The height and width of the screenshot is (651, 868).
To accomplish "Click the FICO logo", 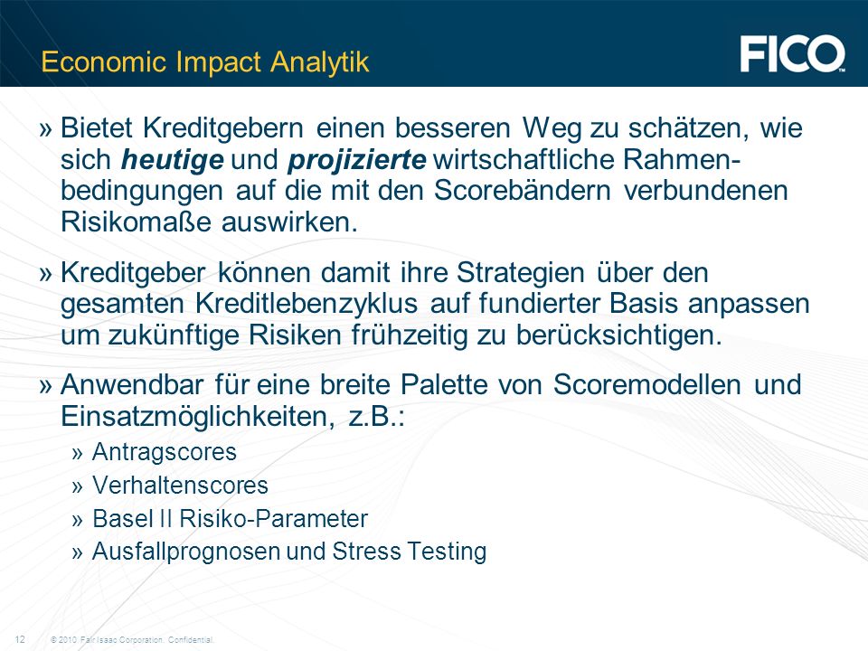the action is pos(793,53).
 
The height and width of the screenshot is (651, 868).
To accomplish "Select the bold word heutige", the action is pos(172,161).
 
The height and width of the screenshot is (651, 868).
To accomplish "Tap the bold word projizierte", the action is pos(357,161).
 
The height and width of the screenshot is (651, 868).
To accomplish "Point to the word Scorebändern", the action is pos(523,191).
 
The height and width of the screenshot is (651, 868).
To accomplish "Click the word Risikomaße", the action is pos(136,222).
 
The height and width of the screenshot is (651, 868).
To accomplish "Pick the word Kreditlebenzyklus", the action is pos(307,304).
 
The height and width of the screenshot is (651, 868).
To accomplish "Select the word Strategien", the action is pos(521,273).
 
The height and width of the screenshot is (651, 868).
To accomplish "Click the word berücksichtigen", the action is pos(619,335).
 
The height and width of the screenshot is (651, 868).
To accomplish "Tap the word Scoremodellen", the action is pos(647,384).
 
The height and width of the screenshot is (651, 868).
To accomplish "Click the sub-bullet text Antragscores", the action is pos(165,452).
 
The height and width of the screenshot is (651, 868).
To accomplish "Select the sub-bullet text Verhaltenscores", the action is pos(181,486).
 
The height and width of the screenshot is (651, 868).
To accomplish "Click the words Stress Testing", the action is pos(409,552).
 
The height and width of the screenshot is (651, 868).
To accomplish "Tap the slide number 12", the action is pos(20,639).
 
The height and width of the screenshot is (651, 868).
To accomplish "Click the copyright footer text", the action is pos(132,640).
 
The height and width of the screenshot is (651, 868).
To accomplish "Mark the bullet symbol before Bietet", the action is pos(46,129).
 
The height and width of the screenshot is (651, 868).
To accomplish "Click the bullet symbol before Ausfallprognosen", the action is pos(77,552).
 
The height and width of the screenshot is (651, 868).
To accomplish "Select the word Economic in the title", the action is pos(103,62).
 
